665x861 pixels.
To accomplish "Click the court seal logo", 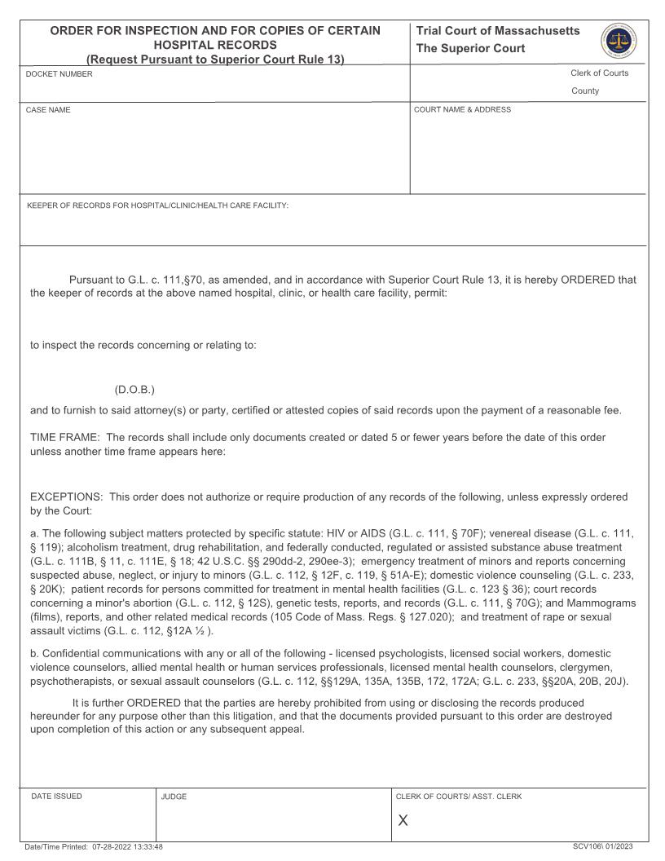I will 619,39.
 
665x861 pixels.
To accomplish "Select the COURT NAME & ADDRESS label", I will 462,110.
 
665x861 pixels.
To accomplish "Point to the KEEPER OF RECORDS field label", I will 157,205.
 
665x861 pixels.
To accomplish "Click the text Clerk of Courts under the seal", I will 599,73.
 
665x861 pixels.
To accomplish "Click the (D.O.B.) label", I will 134,389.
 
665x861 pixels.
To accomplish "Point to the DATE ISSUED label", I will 56,797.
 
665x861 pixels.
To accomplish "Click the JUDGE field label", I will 174,797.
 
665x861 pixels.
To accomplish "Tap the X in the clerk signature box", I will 403,820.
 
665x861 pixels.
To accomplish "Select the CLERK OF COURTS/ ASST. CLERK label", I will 458,797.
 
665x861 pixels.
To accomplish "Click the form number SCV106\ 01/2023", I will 609,846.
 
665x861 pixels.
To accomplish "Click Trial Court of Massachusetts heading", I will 498,31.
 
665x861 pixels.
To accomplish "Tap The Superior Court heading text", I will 470,48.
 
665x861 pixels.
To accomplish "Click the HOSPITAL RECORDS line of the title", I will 215,45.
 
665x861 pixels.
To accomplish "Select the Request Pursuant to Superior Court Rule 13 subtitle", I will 215,59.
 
